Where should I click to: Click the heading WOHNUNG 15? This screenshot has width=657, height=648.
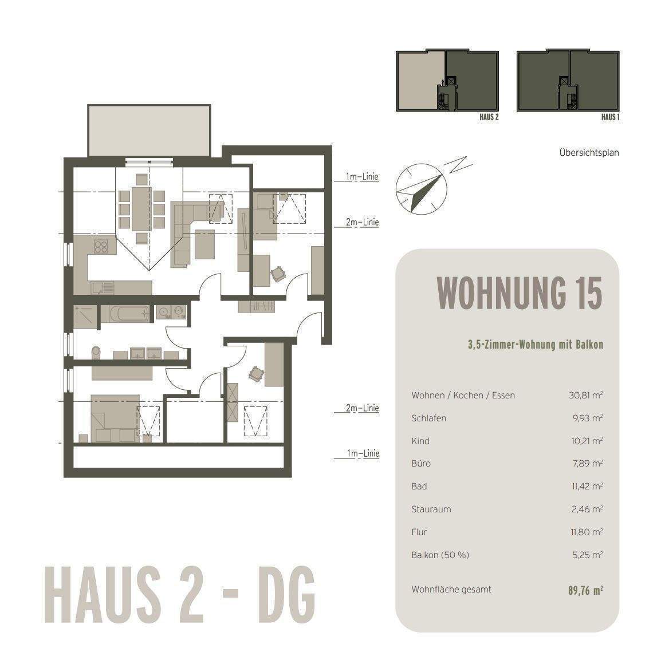coord(519,293)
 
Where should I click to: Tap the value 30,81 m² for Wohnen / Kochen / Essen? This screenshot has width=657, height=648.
coord(584,395)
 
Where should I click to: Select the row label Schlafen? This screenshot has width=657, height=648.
coord(428,418)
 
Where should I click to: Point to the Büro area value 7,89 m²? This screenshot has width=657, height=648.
coord(587,463)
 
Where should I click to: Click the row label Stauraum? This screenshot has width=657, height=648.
coord(431,509)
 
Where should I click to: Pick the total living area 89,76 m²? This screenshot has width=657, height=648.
coord(581,590)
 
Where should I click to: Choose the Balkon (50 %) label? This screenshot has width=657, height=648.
coord(440,555)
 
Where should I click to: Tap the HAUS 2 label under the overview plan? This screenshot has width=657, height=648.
coord(489,117)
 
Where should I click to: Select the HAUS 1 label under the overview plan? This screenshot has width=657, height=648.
coord(610,117)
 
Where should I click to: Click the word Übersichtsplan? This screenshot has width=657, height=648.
coord(589,153)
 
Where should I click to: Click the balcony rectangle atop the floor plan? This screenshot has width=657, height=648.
coord(149,130)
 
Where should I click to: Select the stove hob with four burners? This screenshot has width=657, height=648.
coord(101,247)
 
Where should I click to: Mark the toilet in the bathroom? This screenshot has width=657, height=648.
coord(96,351)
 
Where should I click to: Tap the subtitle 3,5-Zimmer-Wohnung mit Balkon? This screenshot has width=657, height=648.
coord(535,345)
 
